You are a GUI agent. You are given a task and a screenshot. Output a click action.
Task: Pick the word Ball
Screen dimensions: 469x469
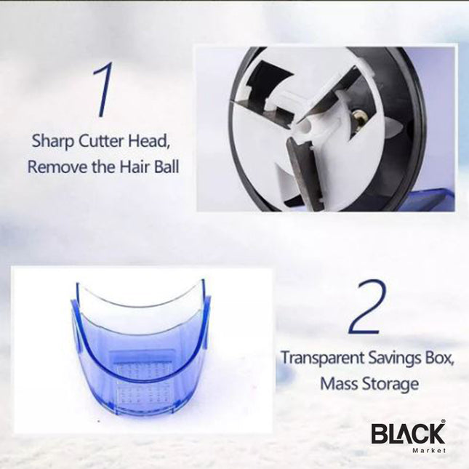point(164,167)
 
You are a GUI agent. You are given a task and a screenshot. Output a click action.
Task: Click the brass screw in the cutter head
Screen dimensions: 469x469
point(358,116)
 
